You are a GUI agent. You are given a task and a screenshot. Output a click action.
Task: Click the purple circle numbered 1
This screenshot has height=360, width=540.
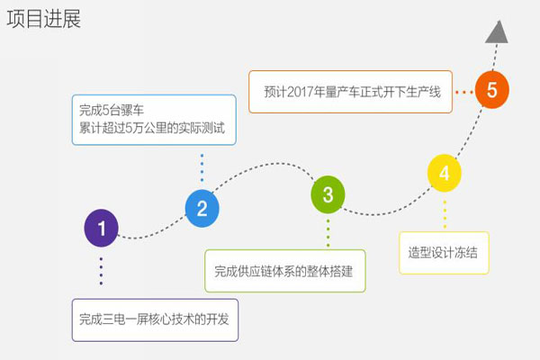coord(101,228)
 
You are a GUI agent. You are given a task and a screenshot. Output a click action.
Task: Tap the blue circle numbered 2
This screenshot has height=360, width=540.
coord(202,208)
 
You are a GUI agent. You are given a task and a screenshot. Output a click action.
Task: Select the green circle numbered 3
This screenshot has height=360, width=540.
coord(328,194)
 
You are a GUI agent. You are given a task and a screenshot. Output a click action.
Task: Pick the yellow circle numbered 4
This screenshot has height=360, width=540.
coord(445,173)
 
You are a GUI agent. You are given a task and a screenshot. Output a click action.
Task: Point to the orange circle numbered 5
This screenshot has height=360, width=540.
coord(492,90)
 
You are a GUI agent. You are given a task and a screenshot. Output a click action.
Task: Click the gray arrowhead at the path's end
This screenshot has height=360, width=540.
coord(498,32)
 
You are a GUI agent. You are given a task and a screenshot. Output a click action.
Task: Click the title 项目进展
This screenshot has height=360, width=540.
coord(44,19)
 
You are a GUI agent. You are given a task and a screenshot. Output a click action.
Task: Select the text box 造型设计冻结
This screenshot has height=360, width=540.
coord(444,253)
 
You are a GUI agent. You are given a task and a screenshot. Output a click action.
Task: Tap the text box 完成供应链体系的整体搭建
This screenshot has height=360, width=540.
coord(285,271)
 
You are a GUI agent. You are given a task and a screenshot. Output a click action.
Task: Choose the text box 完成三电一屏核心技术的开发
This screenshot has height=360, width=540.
coord(155,320)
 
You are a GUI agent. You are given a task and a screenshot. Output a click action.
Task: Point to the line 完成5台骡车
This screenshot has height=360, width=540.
coord(112,110)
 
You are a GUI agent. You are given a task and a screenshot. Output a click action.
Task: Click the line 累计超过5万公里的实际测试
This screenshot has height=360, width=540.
coord(152,128)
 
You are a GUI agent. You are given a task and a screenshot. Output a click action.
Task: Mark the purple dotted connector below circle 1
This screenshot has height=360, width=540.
coord(101,271)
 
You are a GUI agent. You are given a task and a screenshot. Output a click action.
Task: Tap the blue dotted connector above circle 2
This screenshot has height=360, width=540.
coord(202,167)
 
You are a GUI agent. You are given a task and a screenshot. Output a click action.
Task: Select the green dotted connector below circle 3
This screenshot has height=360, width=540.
coord(328,233)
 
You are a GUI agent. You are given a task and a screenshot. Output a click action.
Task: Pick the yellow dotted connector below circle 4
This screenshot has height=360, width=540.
coord(445,214)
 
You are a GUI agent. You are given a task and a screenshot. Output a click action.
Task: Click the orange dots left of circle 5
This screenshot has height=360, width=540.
coord(463,92)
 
